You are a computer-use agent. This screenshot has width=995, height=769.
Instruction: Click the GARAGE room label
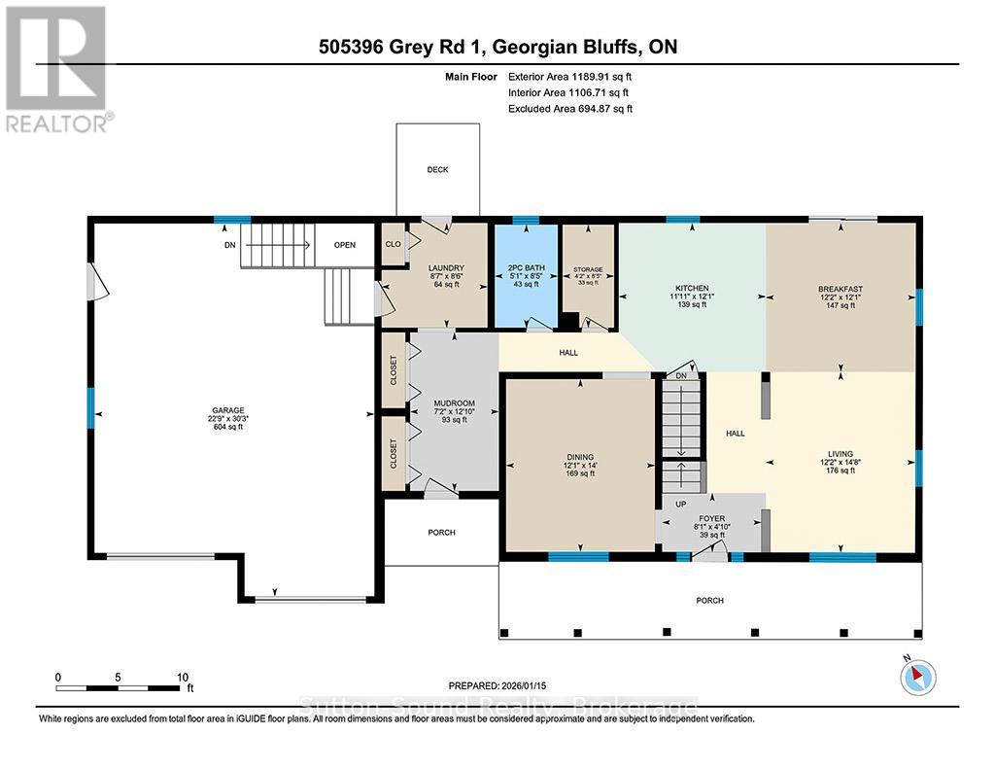[229, 410]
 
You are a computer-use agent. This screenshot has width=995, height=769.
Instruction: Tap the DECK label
[437, 169]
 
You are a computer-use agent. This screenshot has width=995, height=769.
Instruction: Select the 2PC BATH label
[526, 268]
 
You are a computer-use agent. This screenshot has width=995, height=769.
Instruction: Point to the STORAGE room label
[588, 269]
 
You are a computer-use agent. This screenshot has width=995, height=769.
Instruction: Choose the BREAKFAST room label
[841, 289]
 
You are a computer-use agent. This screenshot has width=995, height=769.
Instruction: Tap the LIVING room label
[841, 454]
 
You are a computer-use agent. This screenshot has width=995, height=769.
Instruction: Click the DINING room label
[580, 457]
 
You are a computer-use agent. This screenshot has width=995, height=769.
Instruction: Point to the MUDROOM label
[454, 403]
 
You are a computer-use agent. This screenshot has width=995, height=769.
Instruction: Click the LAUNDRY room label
[448, 268]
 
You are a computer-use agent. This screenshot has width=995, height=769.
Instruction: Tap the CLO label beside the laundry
[394, 245]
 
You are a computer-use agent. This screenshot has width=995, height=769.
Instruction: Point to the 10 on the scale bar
[181, 677]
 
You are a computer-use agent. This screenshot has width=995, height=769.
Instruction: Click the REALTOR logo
[57, 68]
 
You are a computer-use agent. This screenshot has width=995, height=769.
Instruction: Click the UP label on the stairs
[680, 505]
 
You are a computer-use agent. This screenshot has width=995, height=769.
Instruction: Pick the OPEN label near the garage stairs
[345, 245]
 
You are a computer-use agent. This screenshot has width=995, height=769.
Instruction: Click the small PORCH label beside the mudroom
[441, 532]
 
